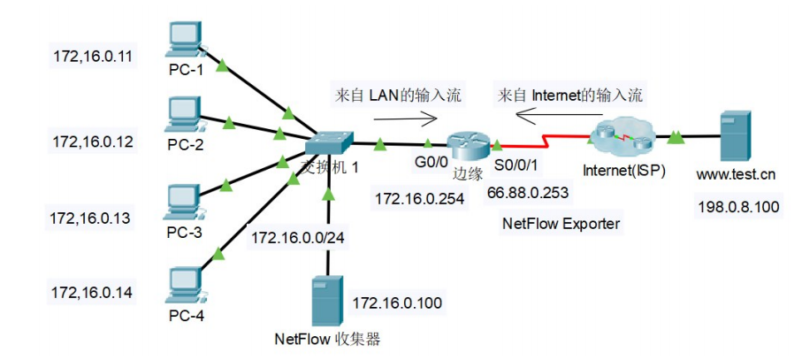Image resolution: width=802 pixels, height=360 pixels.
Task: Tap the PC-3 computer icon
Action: click(x=185, y=202)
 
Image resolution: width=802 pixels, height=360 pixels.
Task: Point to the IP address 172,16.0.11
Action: click(x=91, y=57)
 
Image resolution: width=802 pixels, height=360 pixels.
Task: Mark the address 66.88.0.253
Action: click(x=527, y=192)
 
